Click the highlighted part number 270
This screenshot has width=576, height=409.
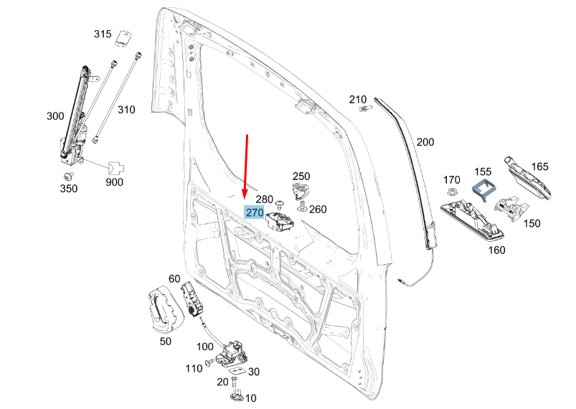255,213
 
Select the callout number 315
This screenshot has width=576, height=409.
103,34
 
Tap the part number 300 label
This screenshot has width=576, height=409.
55,116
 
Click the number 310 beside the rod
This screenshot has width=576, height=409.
126,110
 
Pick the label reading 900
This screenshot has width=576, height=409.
114,182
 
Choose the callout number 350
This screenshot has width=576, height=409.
68,189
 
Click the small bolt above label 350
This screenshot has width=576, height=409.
69,175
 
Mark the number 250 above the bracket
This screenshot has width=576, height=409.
301,177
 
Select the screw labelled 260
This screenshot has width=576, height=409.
302,208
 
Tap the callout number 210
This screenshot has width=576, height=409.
358,99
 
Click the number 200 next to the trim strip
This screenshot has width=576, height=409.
425,143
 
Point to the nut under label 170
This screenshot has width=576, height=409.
451,192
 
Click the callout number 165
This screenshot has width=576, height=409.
540,166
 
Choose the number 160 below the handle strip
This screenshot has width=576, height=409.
496,250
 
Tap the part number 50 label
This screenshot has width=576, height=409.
165,342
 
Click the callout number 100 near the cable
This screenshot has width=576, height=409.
204,347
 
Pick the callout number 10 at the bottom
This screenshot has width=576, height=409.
251,398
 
